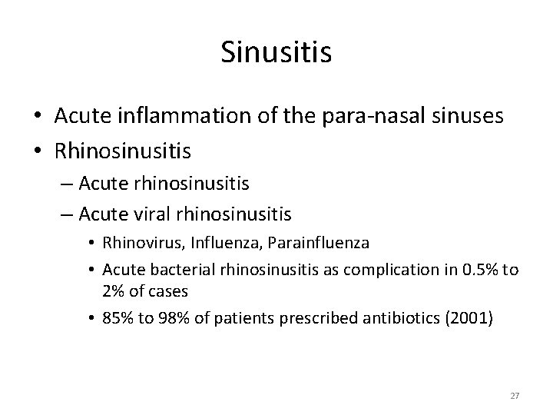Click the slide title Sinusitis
point(276,52)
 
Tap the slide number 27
point(515,396)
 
